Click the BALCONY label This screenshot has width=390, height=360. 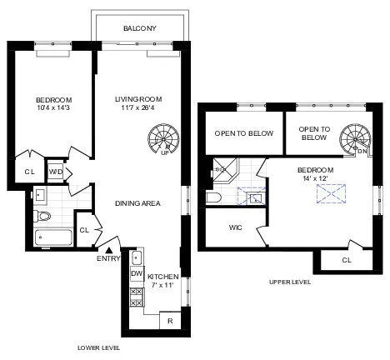pyautogui.click(x=139, y=27)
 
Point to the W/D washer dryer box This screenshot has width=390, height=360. pyautogui.click(x=56, y=172)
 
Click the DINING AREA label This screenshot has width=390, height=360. pyautogui.click(x=137, y=202)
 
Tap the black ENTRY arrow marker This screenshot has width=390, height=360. pyautogui.click(x=110, y=248)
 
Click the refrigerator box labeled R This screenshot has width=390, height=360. pyautogui.click(x=170, y=319)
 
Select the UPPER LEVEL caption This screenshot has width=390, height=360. pyautogui.click(x=290, y=282)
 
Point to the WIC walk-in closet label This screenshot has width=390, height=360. pyautogui.click(x=234, y=227)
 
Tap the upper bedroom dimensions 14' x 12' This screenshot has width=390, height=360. pyautogui.click(x=314, y=178)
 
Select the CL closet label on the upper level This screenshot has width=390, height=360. pyautogui.click(x=346, y=261)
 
